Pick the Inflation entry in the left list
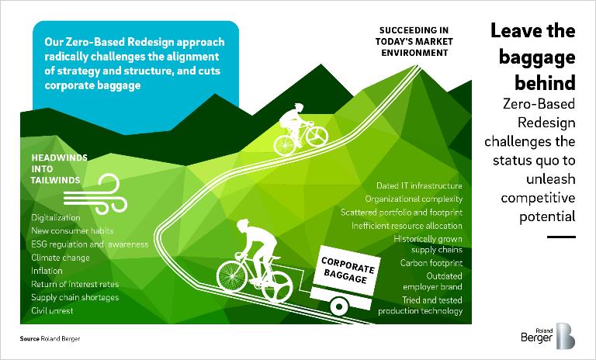pyautogui.click(x=47, y=271)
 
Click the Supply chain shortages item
pyautogui.click(x=73, y=297)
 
